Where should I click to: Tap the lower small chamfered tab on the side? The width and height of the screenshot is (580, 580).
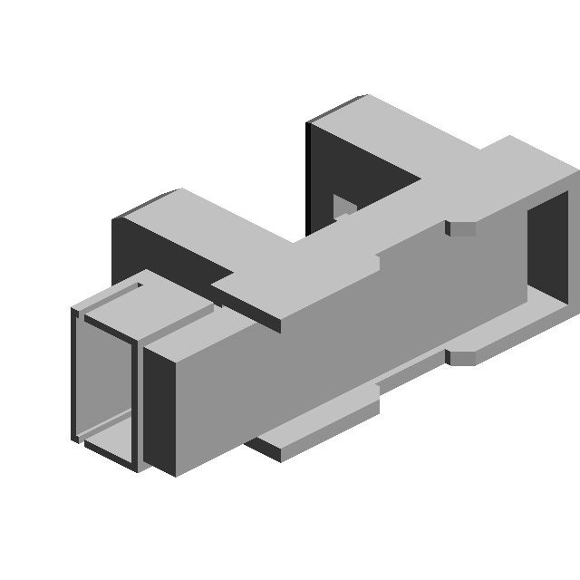463,356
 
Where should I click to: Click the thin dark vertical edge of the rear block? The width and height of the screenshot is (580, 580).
309,177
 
